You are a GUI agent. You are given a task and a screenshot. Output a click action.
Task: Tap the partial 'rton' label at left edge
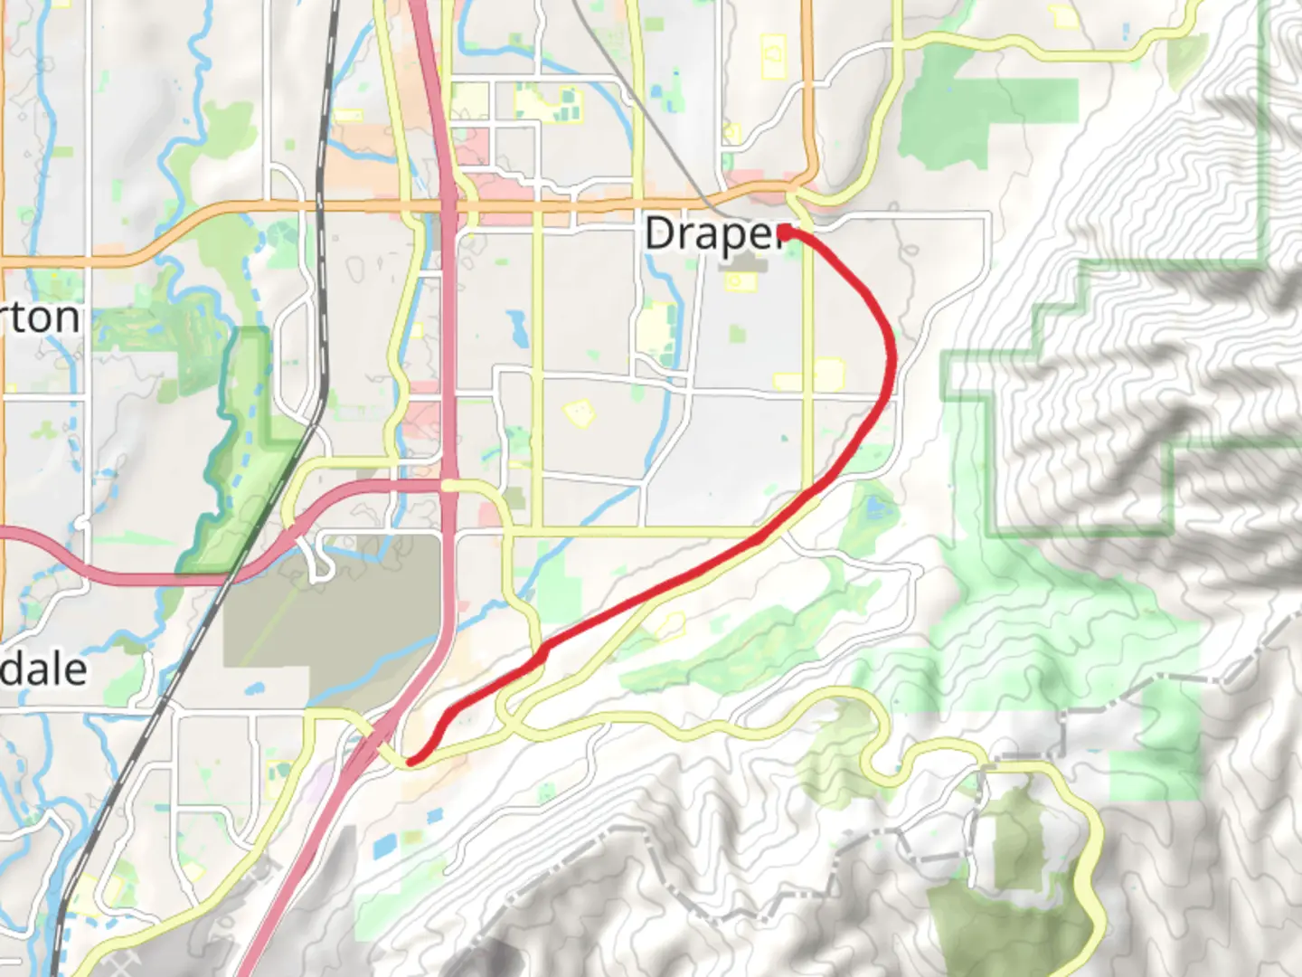point(40,318)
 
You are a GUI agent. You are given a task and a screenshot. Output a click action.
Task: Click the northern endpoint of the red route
point(785,232)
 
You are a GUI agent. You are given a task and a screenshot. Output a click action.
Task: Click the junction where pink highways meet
point(448,486)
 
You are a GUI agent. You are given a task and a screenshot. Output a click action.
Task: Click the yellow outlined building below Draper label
point(740,281)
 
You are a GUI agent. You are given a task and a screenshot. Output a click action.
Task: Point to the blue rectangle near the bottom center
point(384,847)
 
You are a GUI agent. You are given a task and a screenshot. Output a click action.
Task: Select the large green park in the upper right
point(986,118)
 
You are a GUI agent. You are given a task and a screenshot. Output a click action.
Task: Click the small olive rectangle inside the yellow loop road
point(1017,841)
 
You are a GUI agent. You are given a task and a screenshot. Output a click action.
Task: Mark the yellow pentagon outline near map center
point(578,414)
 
